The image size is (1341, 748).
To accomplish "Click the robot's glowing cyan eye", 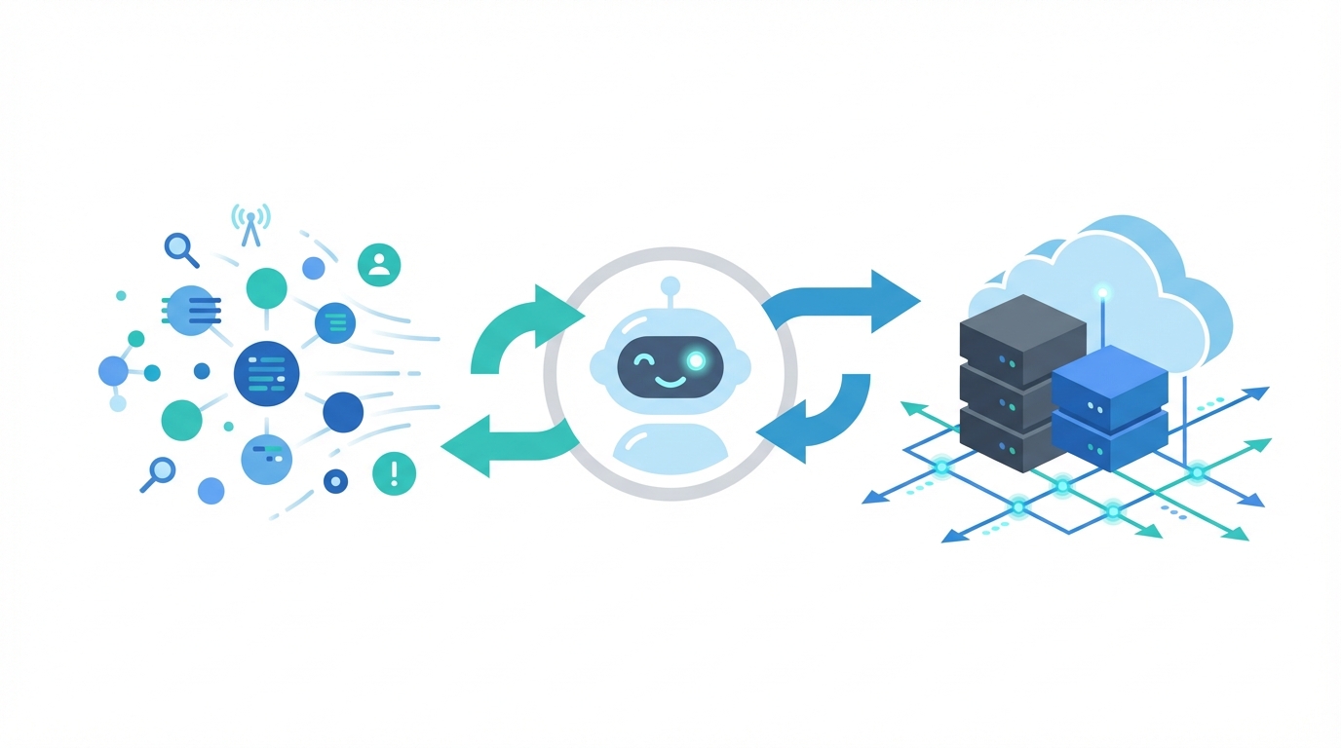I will pos(696,360).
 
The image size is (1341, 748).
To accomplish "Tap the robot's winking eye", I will pos(643,361).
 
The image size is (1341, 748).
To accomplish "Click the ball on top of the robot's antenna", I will pos(670,285).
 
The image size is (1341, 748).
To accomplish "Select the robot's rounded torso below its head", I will pos(670,443).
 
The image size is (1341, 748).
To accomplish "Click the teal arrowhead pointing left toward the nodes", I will pos(466,447).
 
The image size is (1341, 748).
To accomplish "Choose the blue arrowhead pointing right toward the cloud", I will pos(894,301).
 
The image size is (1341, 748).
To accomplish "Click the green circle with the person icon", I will pos(379,264).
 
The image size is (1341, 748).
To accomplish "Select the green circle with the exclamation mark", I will pos(394,474).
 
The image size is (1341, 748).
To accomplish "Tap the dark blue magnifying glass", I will pos(179,247).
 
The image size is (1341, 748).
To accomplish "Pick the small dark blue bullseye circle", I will pos(335,480).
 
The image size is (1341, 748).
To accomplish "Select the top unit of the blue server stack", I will pos(1110,381).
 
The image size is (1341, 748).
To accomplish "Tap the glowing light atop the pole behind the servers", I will pos(1102,291).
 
